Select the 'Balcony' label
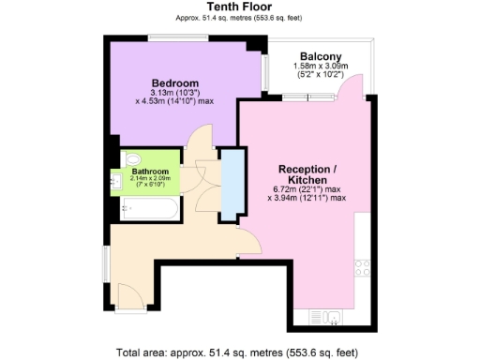tap(320, 55)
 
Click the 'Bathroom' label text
tap(150, 172)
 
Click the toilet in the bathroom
tap(130, 158)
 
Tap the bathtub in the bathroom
tap(150, 208)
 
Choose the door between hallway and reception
tap(248, 242)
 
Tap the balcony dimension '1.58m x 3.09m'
tap(320, 66)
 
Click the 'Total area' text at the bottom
tap(239, 352)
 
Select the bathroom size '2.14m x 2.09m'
tap(150, 179)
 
